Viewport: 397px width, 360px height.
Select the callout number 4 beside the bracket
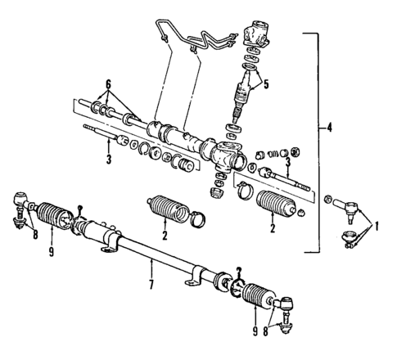(x=328, y=128)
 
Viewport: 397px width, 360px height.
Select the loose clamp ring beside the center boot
(x=197, y=219)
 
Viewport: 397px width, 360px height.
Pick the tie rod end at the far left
(x=20, y=205)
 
